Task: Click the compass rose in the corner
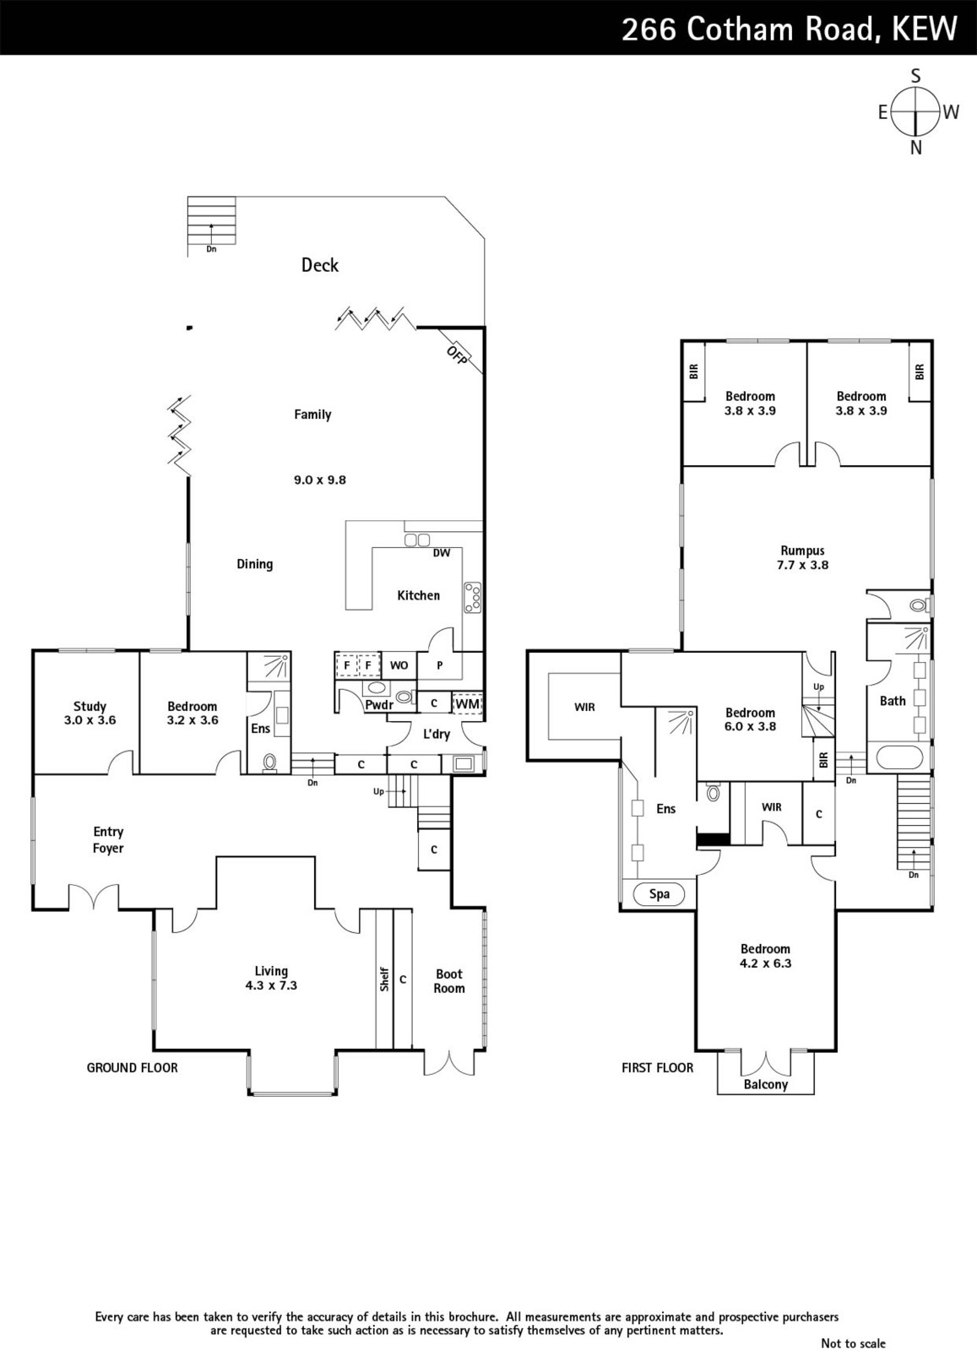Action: coord(915,111)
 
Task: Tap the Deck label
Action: coord(320,265)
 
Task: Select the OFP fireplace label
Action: coord(457,355)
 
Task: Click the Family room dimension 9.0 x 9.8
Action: coord(320,480)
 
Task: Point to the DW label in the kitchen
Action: coord(442,552)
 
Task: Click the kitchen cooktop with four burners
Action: coord(472,597)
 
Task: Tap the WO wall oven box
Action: coord(399,665)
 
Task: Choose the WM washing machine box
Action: coord(468,703)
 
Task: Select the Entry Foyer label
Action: coord(109,839)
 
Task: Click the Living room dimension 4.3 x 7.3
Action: coord(271,985)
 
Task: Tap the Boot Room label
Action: coord(449,981)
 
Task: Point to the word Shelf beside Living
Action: coord(384,979)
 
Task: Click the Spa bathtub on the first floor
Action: coord(659,894)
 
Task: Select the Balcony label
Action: coord(765,1084)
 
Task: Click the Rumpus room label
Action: coord(802,550)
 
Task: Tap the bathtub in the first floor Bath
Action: coord(900,758)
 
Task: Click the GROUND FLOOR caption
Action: coord(132,1067)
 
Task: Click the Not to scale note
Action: coord(854,1343)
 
